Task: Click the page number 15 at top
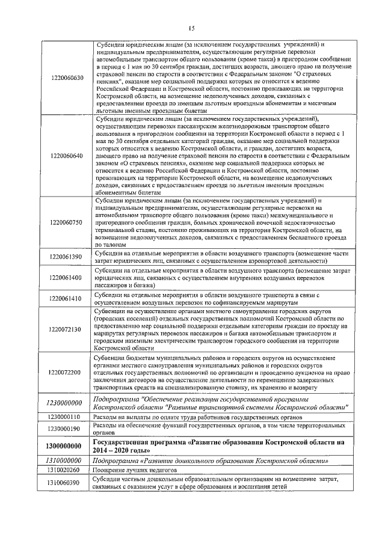point(192,28)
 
